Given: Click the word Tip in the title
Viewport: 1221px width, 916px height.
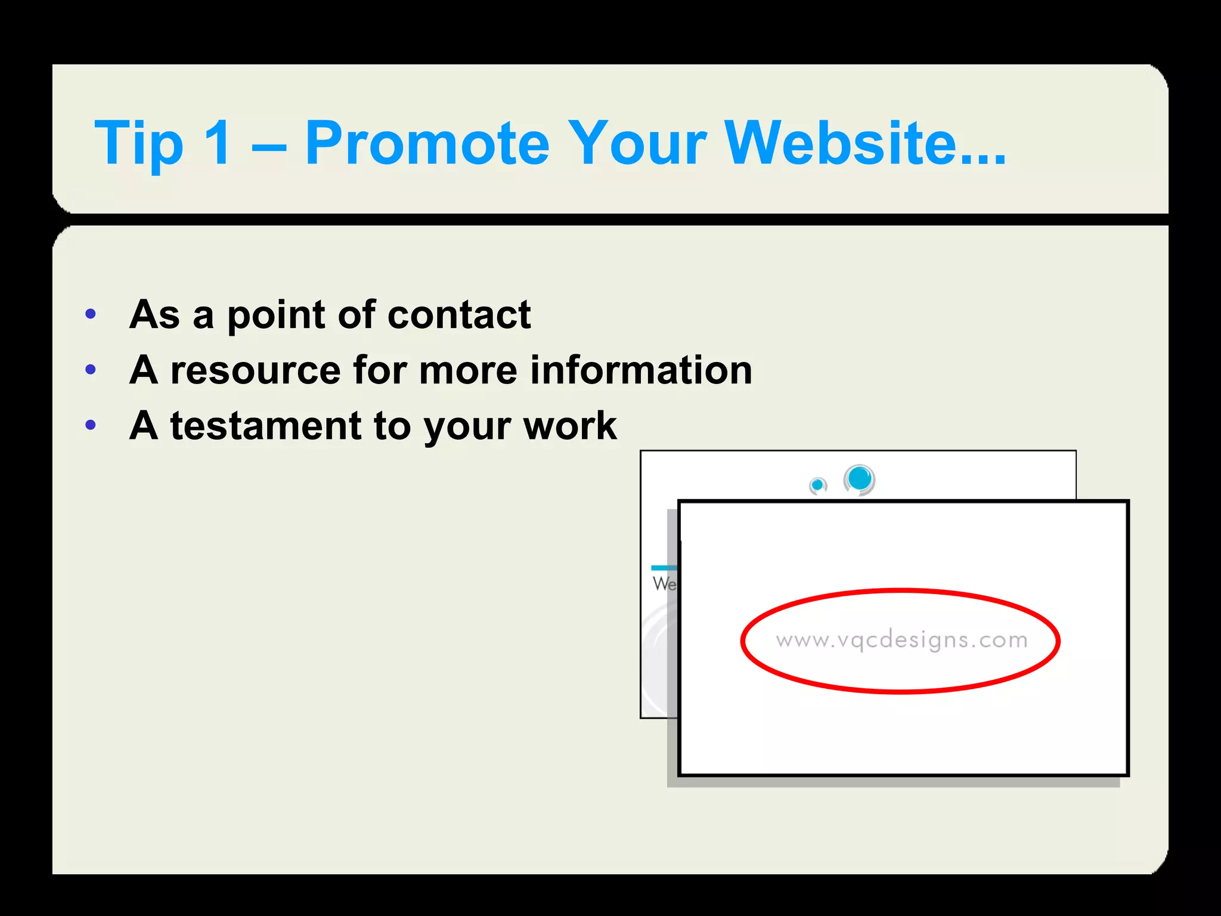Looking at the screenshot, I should [139, 144].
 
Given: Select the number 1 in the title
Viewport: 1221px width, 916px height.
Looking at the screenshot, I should [217, 143].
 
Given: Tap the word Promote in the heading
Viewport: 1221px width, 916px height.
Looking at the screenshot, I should [427, 144].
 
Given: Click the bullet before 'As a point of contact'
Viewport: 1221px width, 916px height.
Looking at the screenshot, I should [91, 314].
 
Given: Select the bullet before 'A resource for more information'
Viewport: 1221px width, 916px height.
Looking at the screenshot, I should [91, 370].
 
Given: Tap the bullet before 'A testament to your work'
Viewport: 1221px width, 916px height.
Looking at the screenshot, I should [91, 425].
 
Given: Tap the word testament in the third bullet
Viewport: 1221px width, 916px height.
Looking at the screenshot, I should [265, 426].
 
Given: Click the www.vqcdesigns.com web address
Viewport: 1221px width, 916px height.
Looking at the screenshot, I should [901, 640].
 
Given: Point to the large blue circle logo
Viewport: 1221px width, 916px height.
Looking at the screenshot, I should [859, 479].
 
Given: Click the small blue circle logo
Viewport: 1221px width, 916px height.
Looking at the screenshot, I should [818, 485].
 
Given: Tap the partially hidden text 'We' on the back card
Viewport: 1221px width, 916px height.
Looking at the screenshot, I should [664, 583].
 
